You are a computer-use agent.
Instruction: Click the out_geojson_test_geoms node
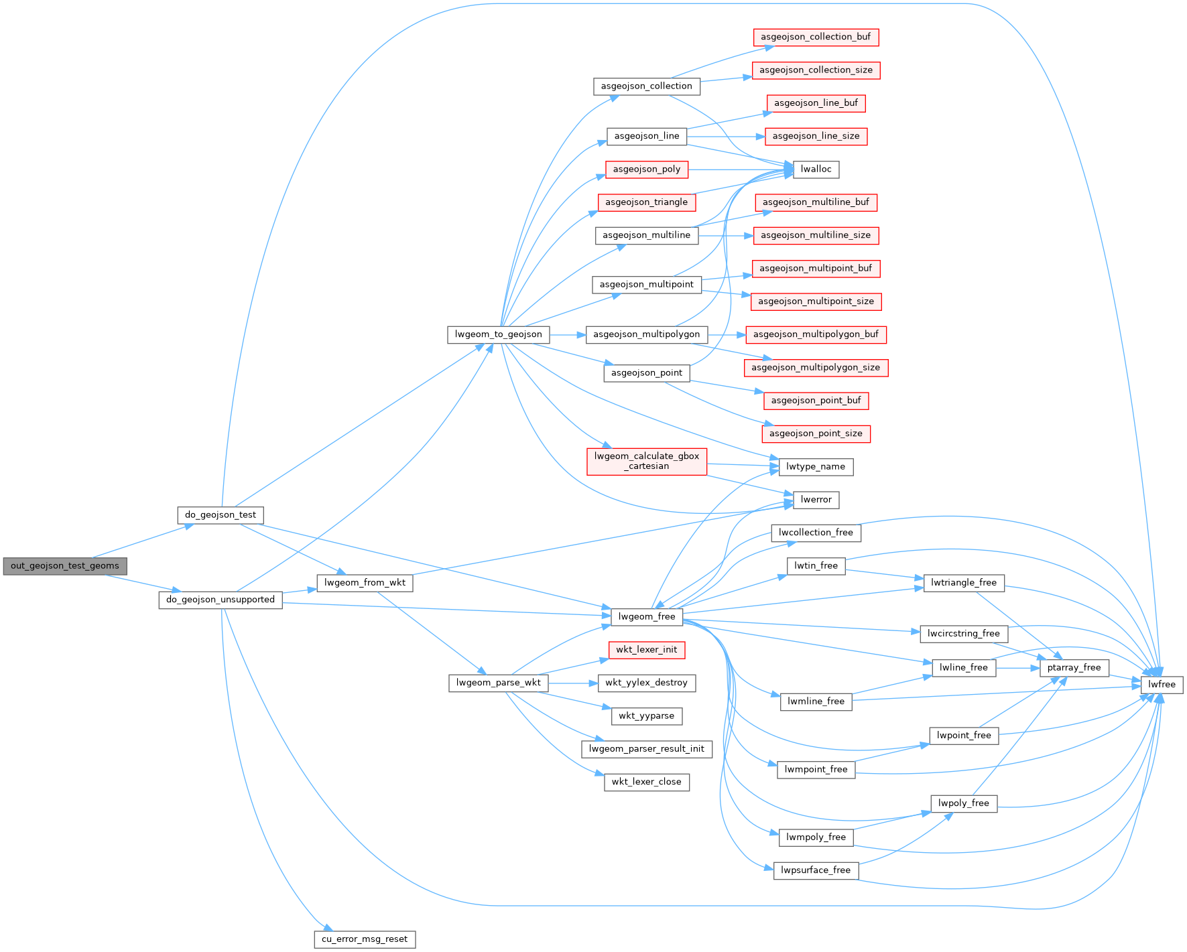coord(64,566)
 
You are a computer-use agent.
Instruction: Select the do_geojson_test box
coord(221,515)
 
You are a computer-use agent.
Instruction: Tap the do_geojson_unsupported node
coord(221,600)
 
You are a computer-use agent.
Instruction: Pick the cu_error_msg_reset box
coord(365,939)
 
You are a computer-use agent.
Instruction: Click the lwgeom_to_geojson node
coord(499,334)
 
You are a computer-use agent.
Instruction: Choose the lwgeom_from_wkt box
coord(365,583)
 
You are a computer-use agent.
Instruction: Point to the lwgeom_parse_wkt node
coord(499,683)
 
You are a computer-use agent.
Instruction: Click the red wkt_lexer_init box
coord(647,650)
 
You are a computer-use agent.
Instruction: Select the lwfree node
coord(1162,685)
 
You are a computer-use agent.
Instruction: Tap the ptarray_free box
coord(1074,667)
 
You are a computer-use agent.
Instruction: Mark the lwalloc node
coord(816,169)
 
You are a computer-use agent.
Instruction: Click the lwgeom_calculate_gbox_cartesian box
coord(647,461)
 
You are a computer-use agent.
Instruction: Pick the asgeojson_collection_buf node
coord(816,37)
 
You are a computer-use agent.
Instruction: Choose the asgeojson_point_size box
coord(816,433)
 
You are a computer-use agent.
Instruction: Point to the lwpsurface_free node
coord(816,870)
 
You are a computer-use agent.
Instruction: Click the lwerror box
coord(816,500)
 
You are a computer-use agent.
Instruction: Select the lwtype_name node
coord(816,467)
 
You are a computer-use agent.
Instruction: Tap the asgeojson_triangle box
coord(647,202)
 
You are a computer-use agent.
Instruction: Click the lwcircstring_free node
coord(964,634)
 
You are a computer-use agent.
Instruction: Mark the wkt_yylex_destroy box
coord(647,683)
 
